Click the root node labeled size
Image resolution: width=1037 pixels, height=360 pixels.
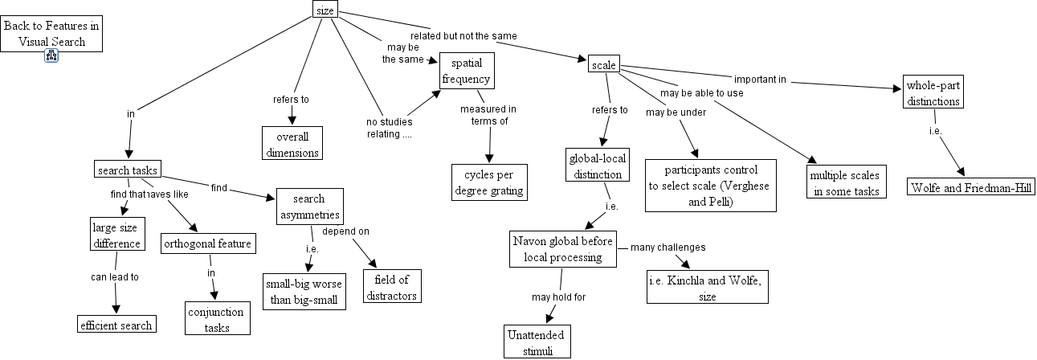click(325, 10)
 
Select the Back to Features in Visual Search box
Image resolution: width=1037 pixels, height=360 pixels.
click(51, 34)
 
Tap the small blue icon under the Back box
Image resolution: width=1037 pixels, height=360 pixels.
click(51, 55)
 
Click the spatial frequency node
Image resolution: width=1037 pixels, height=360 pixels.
click(466, 71)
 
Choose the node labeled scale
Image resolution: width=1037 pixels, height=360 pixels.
click(602, 64)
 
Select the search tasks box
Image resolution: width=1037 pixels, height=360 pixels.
click(128, 170)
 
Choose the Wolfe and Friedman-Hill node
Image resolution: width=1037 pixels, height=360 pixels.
click(970, 187)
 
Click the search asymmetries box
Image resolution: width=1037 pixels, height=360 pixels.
click(310, 207)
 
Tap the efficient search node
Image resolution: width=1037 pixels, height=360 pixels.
click(116, 325)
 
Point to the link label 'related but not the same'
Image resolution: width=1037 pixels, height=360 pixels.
click(463, 36)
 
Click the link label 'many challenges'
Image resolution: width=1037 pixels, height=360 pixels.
click(668, 247)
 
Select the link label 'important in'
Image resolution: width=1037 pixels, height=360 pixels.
click(759, 80)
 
